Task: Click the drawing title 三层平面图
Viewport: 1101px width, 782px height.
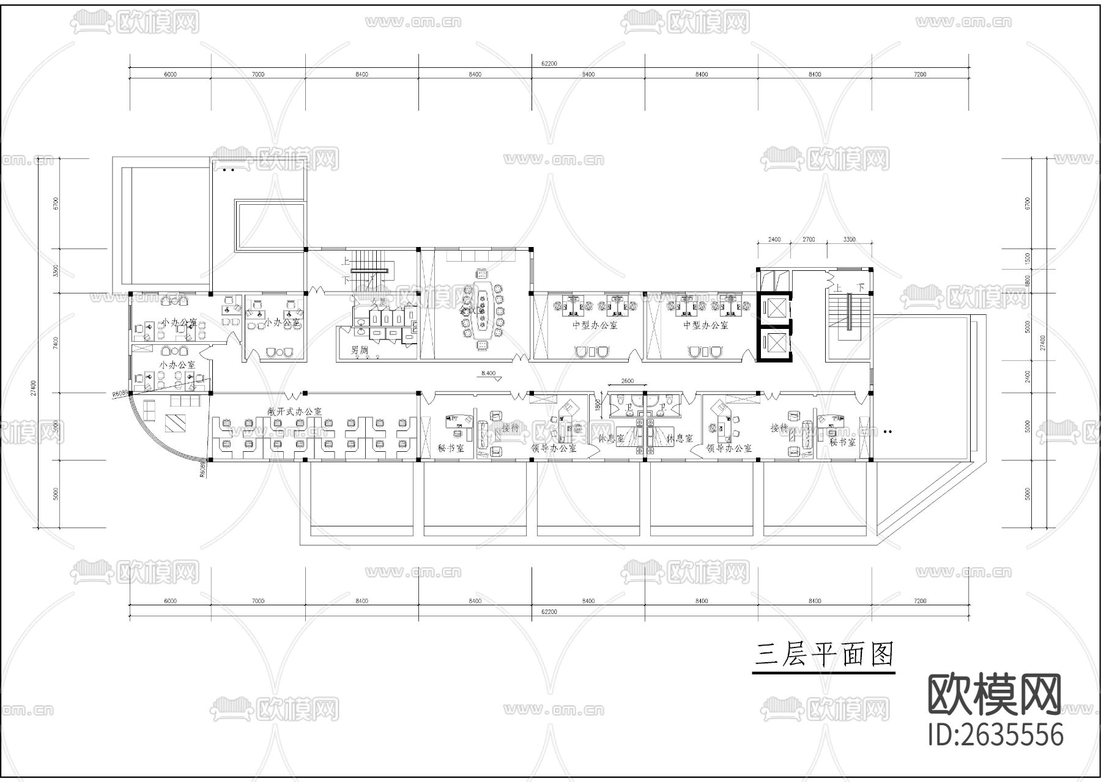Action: pos(824,654)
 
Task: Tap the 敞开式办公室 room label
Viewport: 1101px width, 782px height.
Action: pos(294,411)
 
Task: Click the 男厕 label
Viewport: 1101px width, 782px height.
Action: pos(359,350)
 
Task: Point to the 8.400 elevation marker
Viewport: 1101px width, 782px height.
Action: pos(489,372)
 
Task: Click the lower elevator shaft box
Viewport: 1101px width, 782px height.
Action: pos(774,344)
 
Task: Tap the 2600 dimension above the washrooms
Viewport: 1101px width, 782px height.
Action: pos(627,381)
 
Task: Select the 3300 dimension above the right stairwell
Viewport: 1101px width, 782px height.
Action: pos(849,240)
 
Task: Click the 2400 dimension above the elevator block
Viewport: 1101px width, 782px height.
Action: pos(774,240)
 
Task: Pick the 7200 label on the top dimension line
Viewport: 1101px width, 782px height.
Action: pos(919,75)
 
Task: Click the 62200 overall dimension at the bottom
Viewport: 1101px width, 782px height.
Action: pos(549,611)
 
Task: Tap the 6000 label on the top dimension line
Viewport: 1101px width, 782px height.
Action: pos(170,75)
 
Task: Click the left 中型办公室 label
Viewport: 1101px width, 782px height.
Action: pos(595,325)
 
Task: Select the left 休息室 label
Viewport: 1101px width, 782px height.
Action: pos(611,438)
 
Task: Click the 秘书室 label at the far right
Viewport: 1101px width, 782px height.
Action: pos(842,442)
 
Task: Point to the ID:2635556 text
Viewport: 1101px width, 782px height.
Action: pos(996,734)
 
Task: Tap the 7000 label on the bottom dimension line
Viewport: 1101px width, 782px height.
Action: pos(258,601)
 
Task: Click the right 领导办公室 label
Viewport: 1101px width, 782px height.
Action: pos(729,448)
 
